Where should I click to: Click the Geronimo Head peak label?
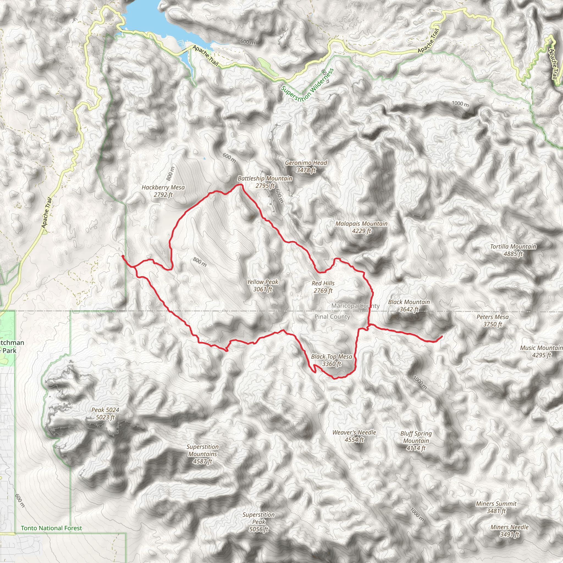306,166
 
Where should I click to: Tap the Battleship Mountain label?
265,182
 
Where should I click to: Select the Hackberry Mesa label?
163,191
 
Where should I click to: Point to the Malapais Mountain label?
361,227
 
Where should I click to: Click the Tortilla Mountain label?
513,250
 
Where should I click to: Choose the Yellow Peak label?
263,285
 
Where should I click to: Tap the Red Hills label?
323,287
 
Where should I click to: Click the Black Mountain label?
409,305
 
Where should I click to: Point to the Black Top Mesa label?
332,360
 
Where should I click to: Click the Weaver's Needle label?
354,436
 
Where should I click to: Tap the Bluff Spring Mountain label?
416,441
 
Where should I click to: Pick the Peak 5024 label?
105,413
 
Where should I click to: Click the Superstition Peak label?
258,522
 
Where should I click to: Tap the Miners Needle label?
509,531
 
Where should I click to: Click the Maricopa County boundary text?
355,306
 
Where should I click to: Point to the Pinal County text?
332,317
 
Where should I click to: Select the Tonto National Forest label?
51,528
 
